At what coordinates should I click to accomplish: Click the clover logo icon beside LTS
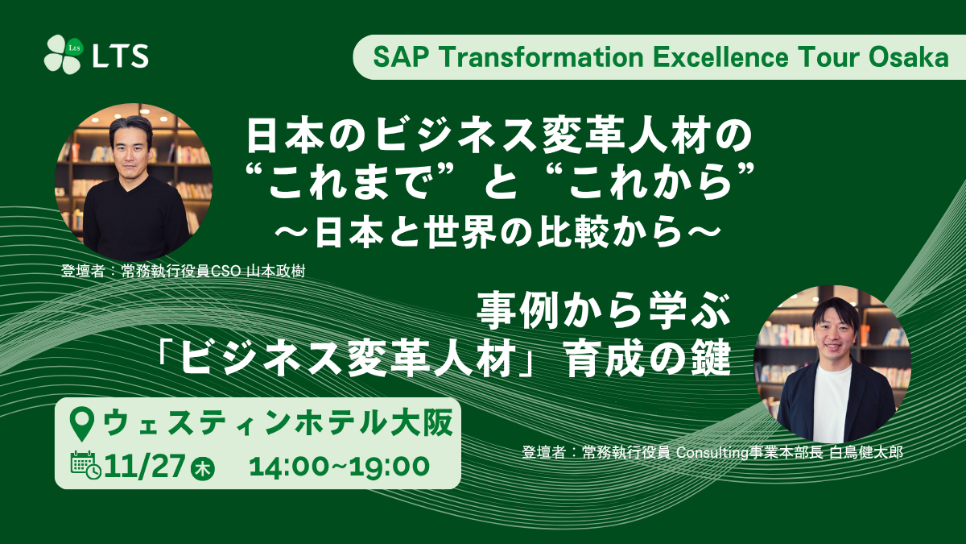[64, 54]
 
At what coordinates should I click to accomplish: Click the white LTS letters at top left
[121, 56]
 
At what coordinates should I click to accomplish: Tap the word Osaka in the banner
[908, 57]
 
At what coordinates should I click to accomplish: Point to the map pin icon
[82, 426]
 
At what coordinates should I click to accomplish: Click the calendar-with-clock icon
[85, 465]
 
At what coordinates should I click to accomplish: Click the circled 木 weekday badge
[203, 469]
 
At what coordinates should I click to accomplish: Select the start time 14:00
[288, 467]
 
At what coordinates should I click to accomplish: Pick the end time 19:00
[390, 467]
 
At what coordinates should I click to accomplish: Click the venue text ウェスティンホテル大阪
[279, 423]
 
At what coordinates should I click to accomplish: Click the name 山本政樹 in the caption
[275, 271]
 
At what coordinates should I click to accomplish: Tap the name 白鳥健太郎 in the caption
[866, 452]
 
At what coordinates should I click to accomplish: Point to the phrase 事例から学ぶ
[604, 311]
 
